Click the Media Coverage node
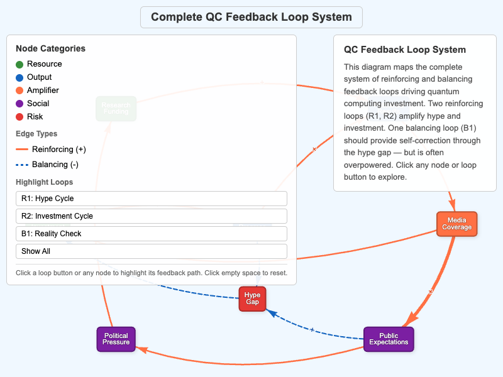(457, 224)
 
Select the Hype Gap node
(252, 298)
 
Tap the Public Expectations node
(389, 339)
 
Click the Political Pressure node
(116, 339)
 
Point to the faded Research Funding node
(116, 108)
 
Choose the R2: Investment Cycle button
(151, 216)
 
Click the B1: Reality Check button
(151, 234)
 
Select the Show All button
(151, 251)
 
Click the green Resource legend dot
(19, 64)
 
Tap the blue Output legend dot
(19, 77)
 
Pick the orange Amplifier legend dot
(19, 90)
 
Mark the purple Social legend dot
(19, 104)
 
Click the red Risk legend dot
(19, 117)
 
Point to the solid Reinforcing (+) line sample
(22, 150)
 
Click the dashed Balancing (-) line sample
(22, 165)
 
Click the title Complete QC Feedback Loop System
(251, 17)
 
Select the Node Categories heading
(50, 48)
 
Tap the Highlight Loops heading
(44, 182)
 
